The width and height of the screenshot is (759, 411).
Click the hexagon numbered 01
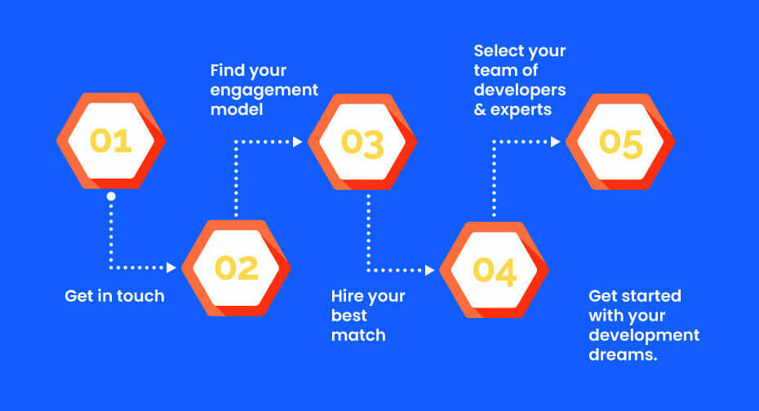[111, 141]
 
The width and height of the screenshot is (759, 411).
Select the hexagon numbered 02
[236, 267]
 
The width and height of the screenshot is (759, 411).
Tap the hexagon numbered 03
[362, 142]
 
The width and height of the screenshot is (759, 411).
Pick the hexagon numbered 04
[495, 270]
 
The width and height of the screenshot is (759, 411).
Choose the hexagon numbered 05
[620, 142]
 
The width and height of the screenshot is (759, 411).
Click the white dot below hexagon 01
[111, 197]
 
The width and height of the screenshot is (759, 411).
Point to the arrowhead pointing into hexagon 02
[171, 267]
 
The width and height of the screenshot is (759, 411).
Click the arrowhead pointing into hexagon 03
[298, 142]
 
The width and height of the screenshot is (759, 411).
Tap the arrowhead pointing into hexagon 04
[430, 270]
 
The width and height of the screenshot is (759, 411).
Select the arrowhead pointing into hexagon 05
[556, 142]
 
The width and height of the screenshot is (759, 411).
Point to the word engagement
[264, 91]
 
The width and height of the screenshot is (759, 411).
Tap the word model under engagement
[237, 109]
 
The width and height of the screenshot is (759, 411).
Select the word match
[358, 335]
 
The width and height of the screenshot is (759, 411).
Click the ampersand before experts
[480, 110]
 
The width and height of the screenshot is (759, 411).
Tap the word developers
[520, 90]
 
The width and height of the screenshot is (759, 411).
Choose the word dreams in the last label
[623, 355]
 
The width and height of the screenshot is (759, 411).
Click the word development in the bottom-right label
[644, 336]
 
